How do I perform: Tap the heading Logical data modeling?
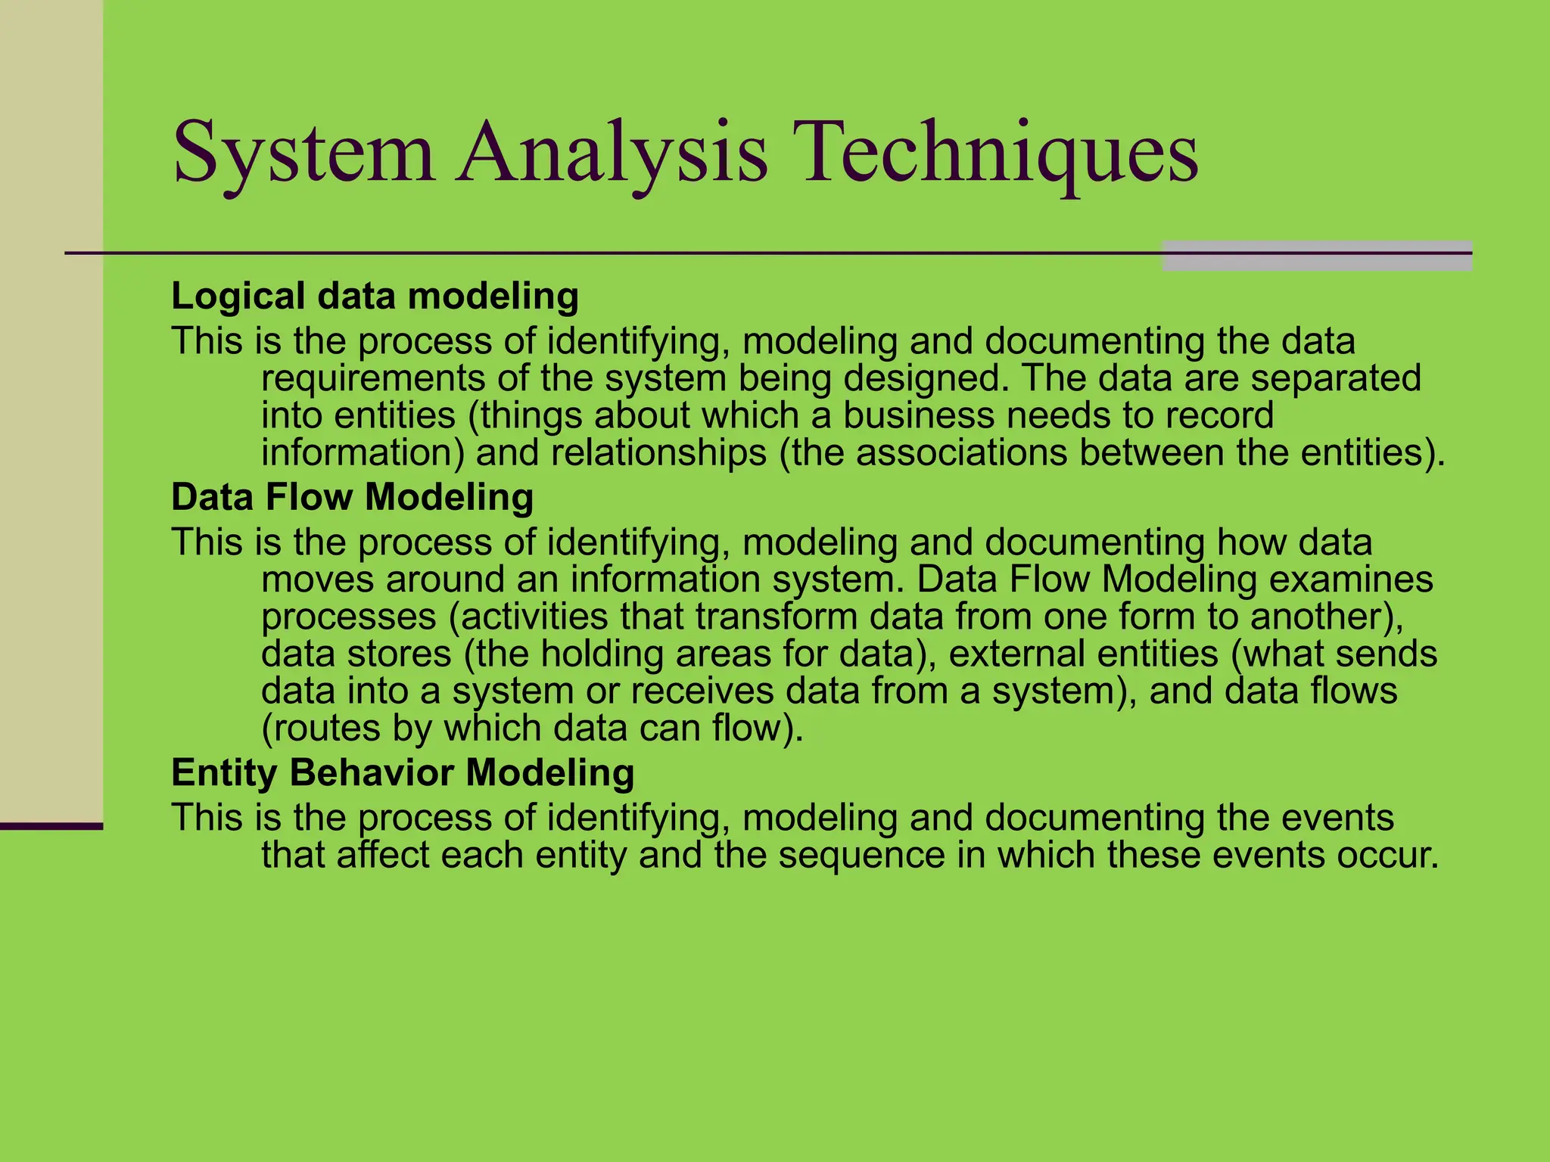pos(375,296)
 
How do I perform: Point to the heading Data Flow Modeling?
pos(352,497)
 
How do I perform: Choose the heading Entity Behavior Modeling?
pos(403,772)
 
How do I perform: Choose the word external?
pos(1018,654)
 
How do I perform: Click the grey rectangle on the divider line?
pos(1317,256)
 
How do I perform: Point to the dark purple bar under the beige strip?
pos(51,826)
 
